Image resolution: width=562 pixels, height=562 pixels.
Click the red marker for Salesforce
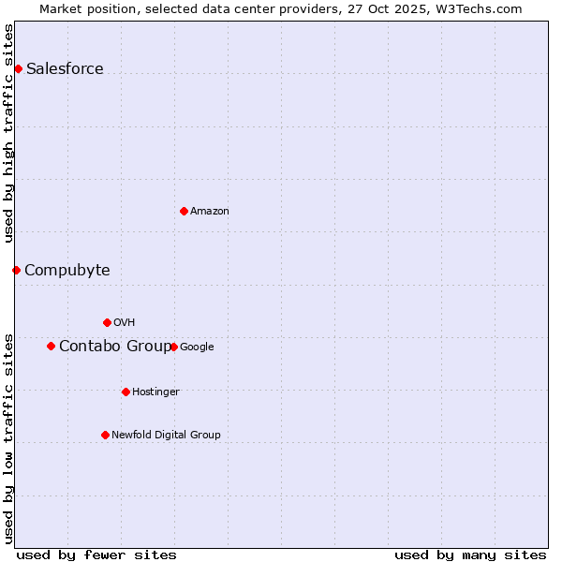click(18, 68)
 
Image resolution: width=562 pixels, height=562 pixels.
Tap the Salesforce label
click(65, 68)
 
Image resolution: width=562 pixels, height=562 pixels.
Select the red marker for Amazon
click(184, 211)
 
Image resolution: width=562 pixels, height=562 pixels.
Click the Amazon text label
click(210, 211)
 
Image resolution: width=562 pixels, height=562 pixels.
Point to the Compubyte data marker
click(16, 270)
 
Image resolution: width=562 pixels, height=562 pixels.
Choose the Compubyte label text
click(67, 270)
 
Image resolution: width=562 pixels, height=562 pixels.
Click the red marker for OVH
click(107, 322)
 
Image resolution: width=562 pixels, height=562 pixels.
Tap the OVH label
click(125, 322)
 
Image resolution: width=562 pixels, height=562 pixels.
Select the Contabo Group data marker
click(51, 346)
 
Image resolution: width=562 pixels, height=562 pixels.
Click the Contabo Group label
click(115, 346)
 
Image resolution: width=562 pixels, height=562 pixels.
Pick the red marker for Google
click(173, 347)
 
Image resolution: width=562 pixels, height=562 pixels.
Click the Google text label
click(197, 347)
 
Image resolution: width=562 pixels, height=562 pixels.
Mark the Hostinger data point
click(126, 392)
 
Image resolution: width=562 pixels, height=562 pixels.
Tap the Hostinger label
click(155, 392)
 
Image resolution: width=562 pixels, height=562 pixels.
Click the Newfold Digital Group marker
click(105, 435)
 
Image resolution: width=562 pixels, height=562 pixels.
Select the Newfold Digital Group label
click(166, 435)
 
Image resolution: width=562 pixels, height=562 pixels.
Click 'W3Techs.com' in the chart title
click(483, 8)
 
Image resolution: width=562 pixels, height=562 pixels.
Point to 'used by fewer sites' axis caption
click(96, 555)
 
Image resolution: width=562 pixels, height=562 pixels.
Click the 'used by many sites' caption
click(470, 555)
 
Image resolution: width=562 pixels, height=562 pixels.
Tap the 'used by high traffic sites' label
click(8, 133)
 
